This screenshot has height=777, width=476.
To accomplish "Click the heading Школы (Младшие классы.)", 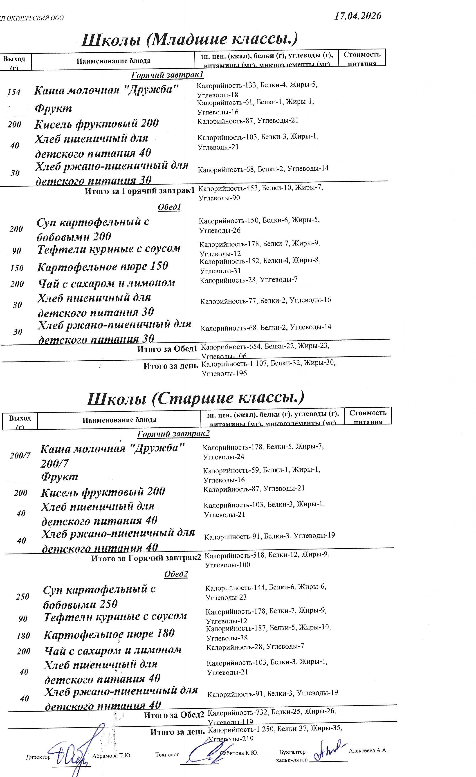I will coord(189,39).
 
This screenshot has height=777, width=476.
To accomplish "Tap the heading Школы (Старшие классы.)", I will coord(195,398).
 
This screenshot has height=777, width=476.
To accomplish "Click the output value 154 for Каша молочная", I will coord(14,92).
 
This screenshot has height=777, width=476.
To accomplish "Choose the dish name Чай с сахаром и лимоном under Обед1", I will coord(106,283).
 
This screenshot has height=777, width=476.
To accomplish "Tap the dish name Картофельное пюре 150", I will coord(103,266).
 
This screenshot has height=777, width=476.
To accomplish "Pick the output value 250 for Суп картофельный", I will coord(22,596).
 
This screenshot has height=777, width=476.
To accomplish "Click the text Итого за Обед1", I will coord(167,349).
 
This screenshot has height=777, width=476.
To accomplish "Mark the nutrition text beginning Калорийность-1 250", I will coord(275,733).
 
